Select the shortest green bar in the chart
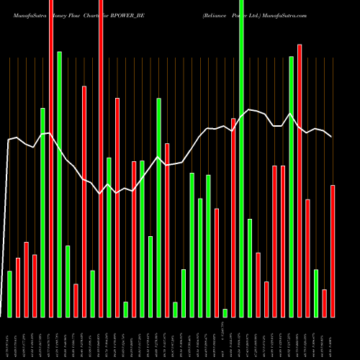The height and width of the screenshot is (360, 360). [x=225, y=312]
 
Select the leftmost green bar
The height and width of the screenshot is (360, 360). [x=9, y=294]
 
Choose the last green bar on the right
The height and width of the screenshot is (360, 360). [x=316, y=293]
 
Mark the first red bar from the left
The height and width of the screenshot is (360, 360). [x=18, y=287]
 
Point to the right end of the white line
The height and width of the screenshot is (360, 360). [x=331, y=136]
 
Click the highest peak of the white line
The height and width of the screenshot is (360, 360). [x=249, y=109]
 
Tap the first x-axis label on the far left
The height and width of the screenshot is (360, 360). [x=9, y=338]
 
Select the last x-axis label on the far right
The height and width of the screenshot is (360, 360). [x=333, y=338]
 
